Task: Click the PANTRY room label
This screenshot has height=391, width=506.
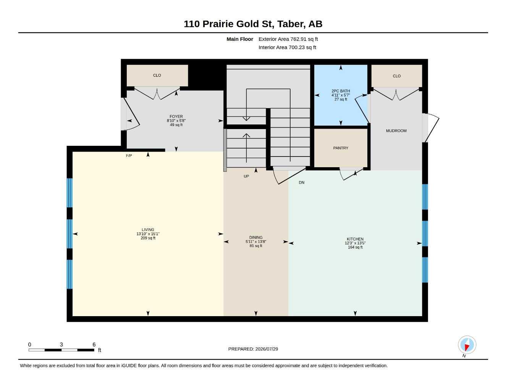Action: [x=341, y=148]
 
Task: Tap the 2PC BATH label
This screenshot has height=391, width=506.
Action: [x=341, y=91]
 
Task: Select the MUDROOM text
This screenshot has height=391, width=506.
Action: [x=396, y=131]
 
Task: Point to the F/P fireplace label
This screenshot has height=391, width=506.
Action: [x=129, y=156]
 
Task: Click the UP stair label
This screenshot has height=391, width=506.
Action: [x=246, y=176]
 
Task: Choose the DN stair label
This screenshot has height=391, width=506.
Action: [x=302, y=183]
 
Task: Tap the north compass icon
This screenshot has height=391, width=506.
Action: [x=467, y=345]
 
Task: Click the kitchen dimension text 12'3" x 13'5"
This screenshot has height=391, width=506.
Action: [x=355, y=243]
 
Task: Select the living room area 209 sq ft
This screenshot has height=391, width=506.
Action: [x=148, y=238]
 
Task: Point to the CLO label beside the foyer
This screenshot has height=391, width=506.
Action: [x=157, y=75]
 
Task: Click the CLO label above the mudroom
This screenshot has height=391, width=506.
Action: [x=396, y=76]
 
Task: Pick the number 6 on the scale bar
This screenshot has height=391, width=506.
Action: [x=94, y=344]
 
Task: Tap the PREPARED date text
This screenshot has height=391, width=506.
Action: [x=253, y=349]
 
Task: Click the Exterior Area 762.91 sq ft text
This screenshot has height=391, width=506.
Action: [x=288, y=39]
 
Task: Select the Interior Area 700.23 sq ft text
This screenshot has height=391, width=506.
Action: [x=287, y=47]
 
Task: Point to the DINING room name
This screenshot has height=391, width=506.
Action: [x=256, y=238]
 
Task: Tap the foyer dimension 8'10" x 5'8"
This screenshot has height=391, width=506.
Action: [x=176, y=121]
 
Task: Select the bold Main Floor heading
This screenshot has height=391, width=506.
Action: [x=240, y=39]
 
